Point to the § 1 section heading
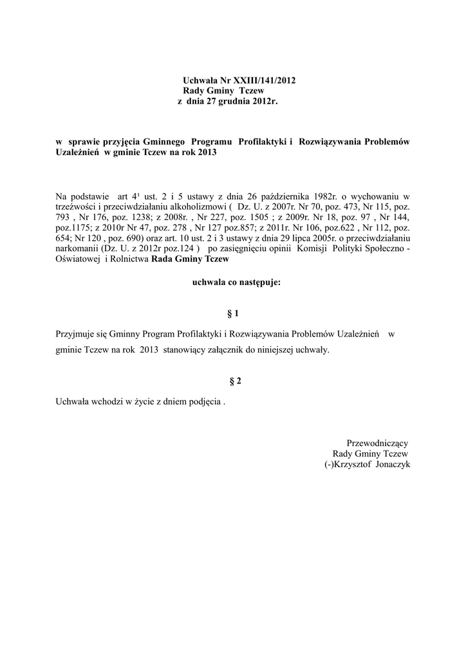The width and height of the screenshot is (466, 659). [x=233, y=313]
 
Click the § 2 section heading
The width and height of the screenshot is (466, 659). [x=235, y=381]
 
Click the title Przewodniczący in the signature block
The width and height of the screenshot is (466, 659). [x=377, y=443]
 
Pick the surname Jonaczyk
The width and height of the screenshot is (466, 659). [x=389, y=465]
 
